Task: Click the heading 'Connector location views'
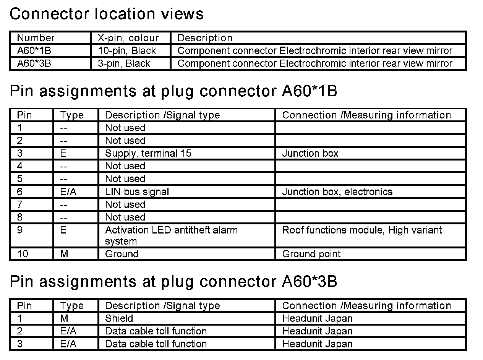pos(106,14)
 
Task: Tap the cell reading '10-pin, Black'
pos(127,51)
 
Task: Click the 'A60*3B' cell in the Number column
pos(34,63)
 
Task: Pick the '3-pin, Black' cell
pos(124,63)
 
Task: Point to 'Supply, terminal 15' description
pos(148,153)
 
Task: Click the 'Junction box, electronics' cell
pos(337,191)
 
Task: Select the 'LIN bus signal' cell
pos(137,191)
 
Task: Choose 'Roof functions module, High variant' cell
pos(361,230)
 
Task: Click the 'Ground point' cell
pos(311,254)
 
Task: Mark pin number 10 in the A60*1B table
pos(23,254)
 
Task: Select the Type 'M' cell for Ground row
pos(64,254)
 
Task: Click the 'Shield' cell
pos(119,318)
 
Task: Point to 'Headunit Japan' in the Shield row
pos(317,318)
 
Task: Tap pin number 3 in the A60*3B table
pos(20,344)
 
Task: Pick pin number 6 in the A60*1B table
pos(20,191)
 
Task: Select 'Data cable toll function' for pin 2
pos(156,331)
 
